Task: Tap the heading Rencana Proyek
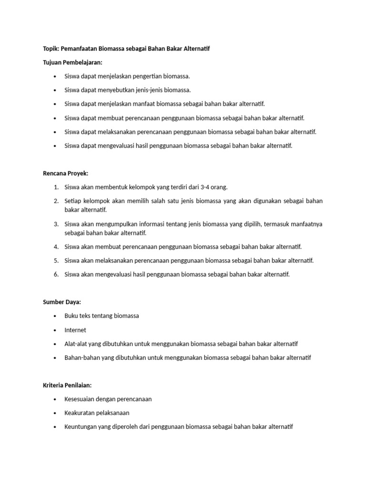point(66,173)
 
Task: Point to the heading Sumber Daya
point(62,302)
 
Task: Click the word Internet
point(75,330)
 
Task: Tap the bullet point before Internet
point(55,330)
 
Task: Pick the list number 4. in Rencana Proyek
point(56,247)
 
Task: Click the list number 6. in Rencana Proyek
point(56,274)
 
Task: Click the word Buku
point(71,316)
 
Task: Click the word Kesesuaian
point(81,399)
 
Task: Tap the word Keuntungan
point(82,427)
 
